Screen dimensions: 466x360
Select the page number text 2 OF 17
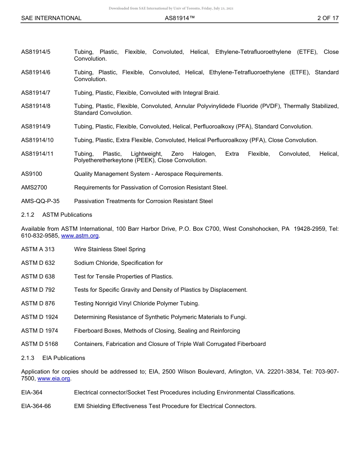click(328, 18)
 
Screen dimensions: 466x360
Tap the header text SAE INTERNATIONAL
click(51, 18)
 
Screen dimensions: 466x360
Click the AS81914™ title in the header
click(180, 18)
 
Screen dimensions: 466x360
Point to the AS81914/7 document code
click(36, 93)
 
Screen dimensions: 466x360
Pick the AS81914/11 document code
click(37, 154)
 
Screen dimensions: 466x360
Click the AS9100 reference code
click(31, 174)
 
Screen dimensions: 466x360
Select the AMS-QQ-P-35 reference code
click(40, 201)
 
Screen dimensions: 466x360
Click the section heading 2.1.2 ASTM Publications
click(56, 215)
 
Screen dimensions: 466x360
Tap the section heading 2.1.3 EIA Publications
click(53, 358)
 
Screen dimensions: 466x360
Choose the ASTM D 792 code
click(38, 290)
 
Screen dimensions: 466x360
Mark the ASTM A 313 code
click(38, 249)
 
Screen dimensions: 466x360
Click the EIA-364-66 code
click(36, 406)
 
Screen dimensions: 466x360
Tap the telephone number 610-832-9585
click(39, 236)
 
